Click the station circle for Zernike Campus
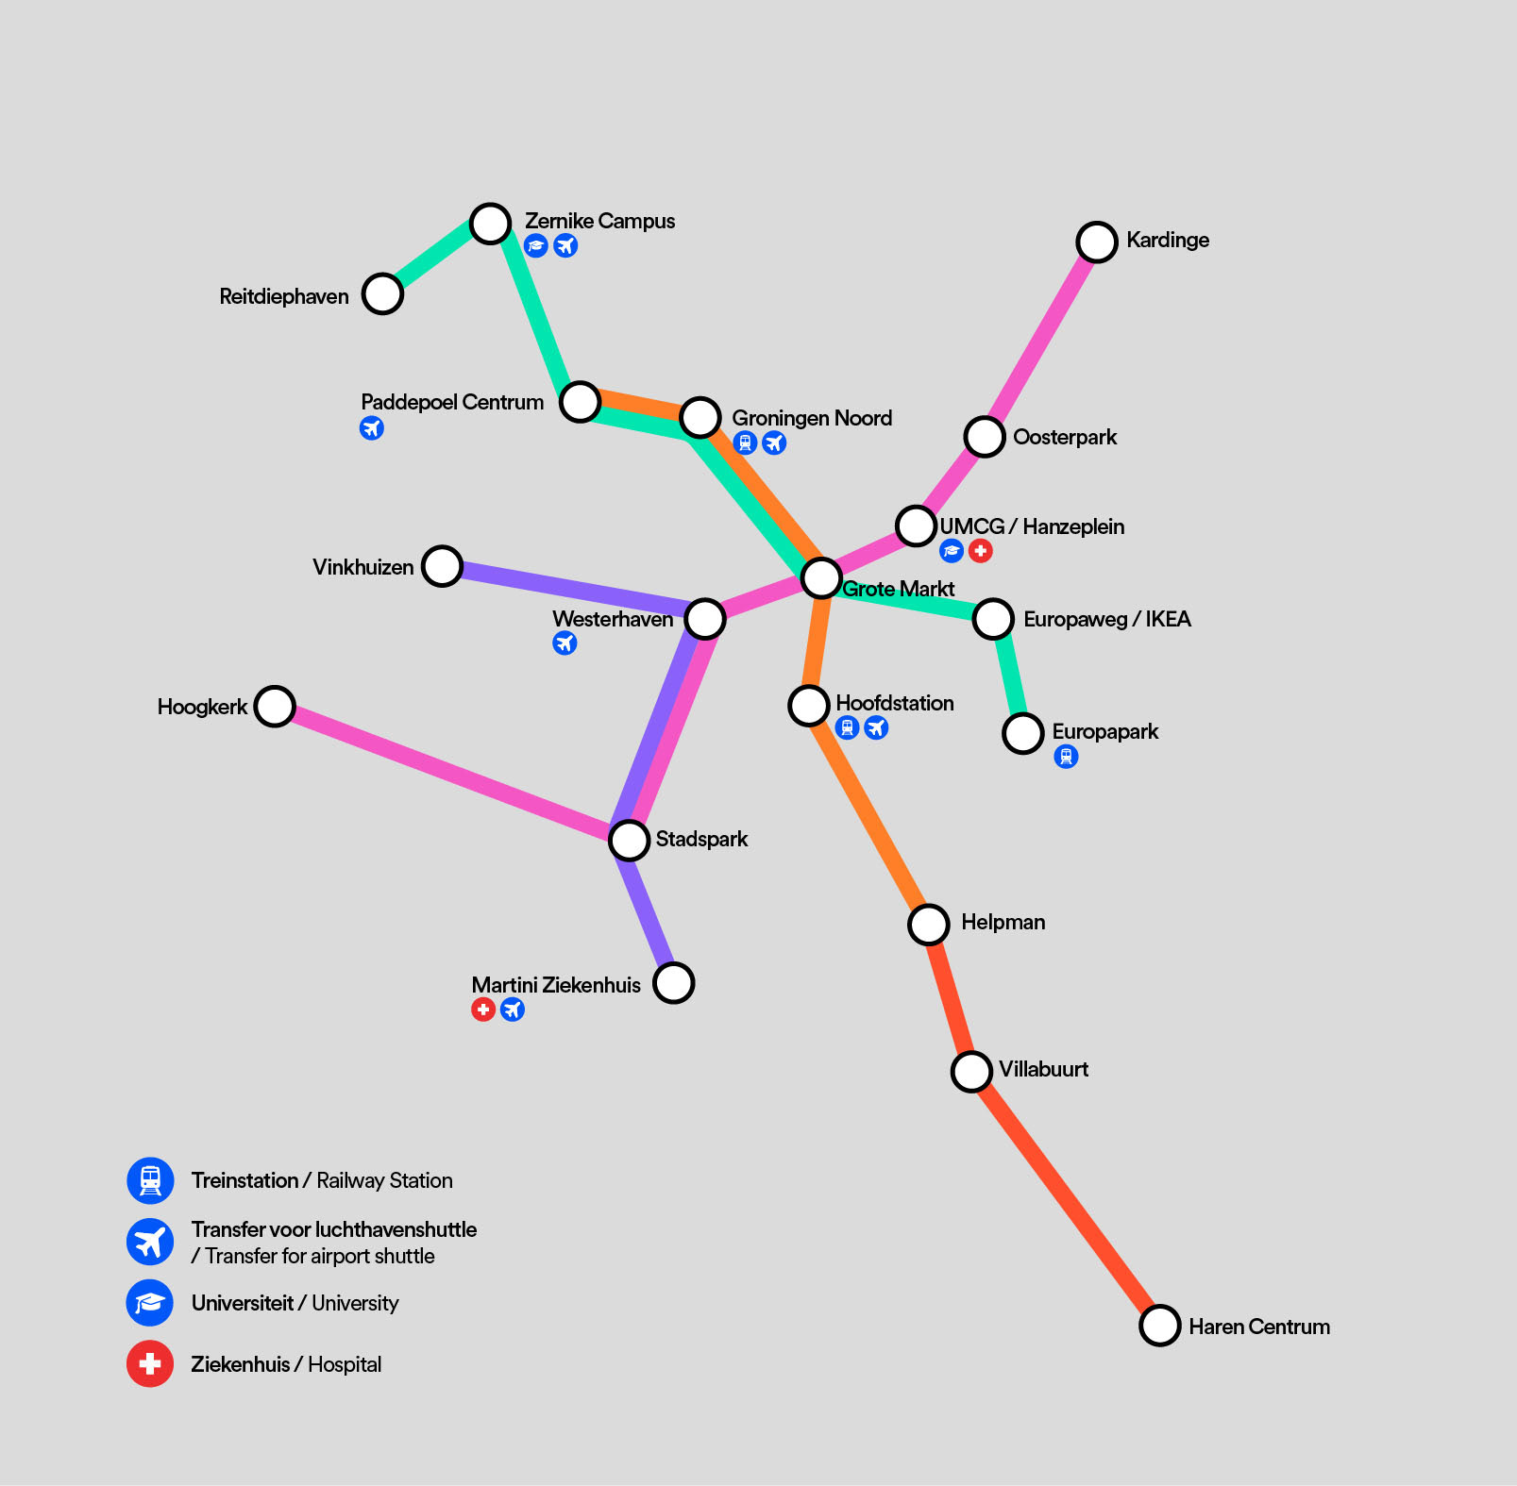pyautogui.click(x=491, y=224)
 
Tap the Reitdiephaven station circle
pyautogui.click(x=382, y=293)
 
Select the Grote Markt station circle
pyautogui.click(x=821, y=576)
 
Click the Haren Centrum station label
pyautogui.click(x=1258, y=1327)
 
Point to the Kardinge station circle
pyautogui.click(x=1097, y=242)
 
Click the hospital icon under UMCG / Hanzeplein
pyautogui.click(x=981, y=551)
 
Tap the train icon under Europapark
pyautogui.click(x=1066, y=757)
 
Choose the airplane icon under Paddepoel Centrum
pyautogui.click(x=372, y=428)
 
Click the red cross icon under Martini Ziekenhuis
pyautogui.click(x=483, y=1010)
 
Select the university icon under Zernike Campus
pyautogui.click(x=536, y=246)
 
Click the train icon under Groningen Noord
pyautogui.click(x=745, y=442)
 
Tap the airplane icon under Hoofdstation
pyautogui.click(x=876, y=727)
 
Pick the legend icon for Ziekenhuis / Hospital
pyautogui.click(x=150, y=1363)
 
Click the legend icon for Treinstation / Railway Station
pyautogui.click(x=150, y=1180)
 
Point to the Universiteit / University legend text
pyautogui.click(x=295, y=1303)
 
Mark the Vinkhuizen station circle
pyautogui.click(x=442, y=566)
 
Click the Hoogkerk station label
pyautogui.click(x=202, y=707)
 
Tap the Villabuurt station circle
pyautogui.click(x=971, y=1071)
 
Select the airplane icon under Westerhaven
pyautogui.click(x=565, y=643)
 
